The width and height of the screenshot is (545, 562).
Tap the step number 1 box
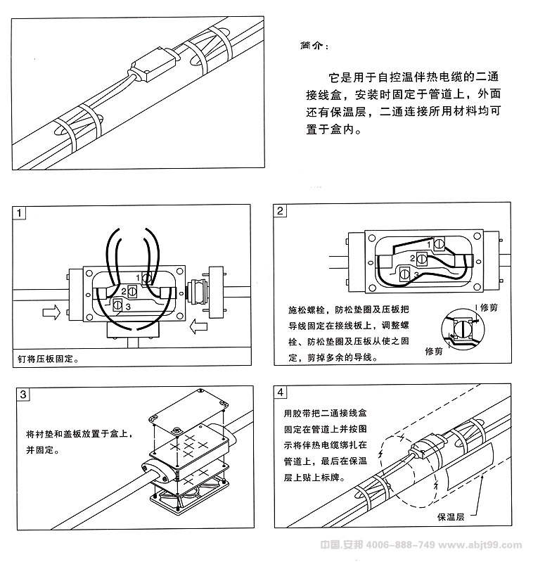20,212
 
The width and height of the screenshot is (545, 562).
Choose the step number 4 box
281,392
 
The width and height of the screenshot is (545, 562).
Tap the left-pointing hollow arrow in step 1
199,326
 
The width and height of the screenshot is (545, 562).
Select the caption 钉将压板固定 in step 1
49,359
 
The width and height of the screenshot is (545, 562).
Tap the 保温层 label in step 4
451,517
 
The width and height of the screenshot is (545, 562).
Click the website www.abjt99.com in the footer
485,546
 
